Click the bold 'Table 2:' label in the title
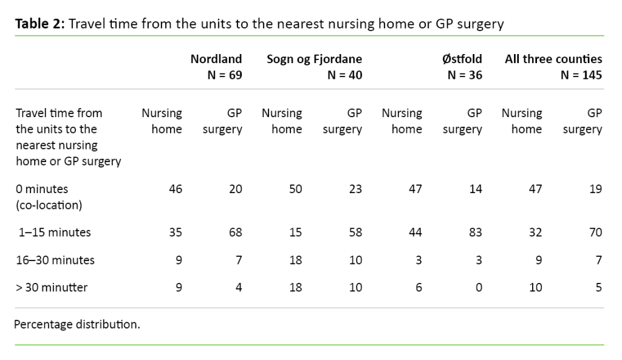click(40, 24)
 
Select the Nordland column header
click(216, 59)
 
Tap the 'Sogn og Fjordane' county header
click(314, 59)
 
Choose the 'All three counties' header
click(553, 59)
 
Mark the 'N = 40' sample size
click(344, 75)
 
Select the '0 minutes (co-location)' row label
click(49, 197)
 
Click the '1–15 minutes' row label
click(55, 232)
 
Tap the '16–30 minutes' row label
click(55, 260)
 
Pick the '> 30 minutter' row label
click(52, 287)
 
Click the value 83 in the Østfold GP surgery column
click(475, 232)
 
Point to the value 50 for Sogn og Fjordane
click(295, 189)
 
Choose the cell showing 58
click(355, 232)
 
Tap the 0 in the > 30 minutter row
click(479, 287)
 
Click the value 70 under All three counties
click(595, 232)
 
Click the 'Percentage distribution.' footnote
click(77, 324)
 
